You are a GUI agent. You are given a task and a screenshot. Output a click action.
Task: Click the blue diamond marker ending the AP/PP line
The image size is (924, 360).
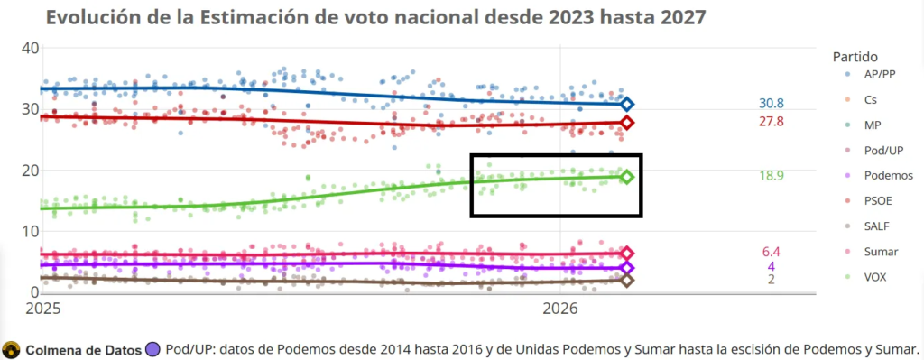(x=626, y=105)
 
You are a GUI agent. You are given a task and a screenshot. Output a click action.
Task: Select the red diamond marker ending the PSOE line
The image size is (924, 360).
(x=626, y=123)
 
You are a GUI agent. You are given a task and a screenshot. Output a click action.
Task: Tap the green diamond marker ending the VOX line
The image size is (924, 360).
(x=626, y=177)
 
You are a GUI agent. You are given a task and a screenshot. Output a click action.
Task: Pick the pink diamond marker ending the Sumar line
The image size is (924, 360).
(x=626, y=254)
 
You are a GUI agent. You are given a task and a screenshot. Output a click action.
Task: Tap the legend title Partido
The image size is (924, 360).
(x=855, y=57)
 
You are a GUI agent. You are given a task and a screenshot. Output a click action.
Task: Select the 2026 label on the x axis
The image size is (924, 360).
(x=560, y=310)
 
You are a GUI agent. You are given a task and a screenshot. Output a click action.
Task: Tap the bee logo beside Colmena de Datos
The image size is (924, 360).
(x=11, y=349)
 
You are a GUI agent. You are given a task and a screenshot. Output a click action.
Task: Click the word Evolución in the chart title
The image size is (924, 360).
(x=91, y=18)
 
